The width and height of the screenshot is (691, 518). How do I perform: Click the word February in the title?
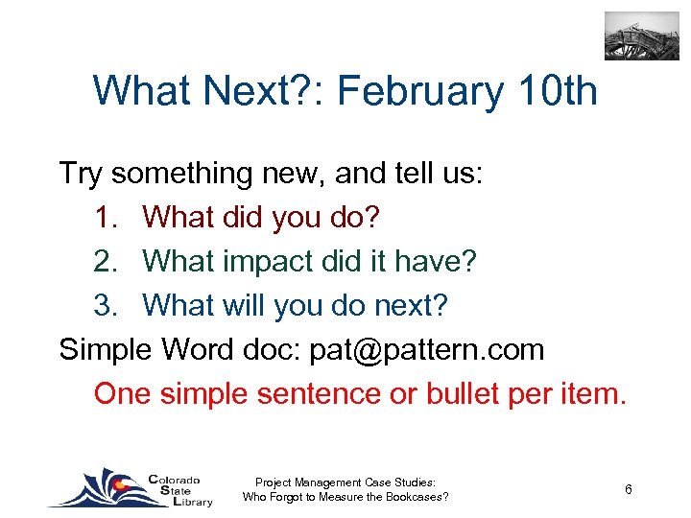421,92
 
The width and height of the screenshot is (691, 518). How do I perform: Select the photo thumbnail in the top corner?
641,36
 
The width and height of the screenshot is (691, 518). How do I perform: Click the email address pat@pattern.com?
426,350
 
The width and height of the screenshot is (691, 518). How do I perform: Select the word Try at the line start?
81,174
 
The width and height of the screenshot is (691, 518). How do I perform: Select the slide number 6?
628,490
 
